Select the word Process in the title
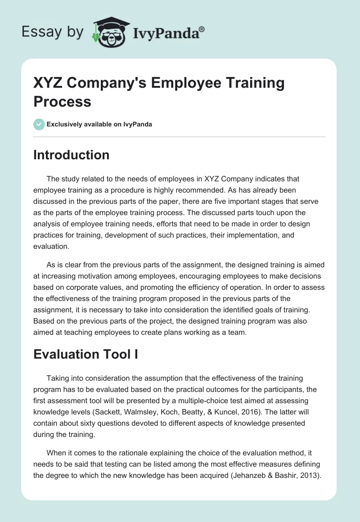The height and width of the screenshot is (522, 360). click(x=63, y=101)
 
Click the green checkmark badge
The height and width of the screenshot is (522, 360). click(x=39, y=124)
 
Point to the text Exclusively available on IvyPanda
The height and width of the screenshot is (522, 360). click(x=99, y=125)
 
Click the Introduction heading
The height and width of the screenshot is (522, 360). click(x=72, y=155)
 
